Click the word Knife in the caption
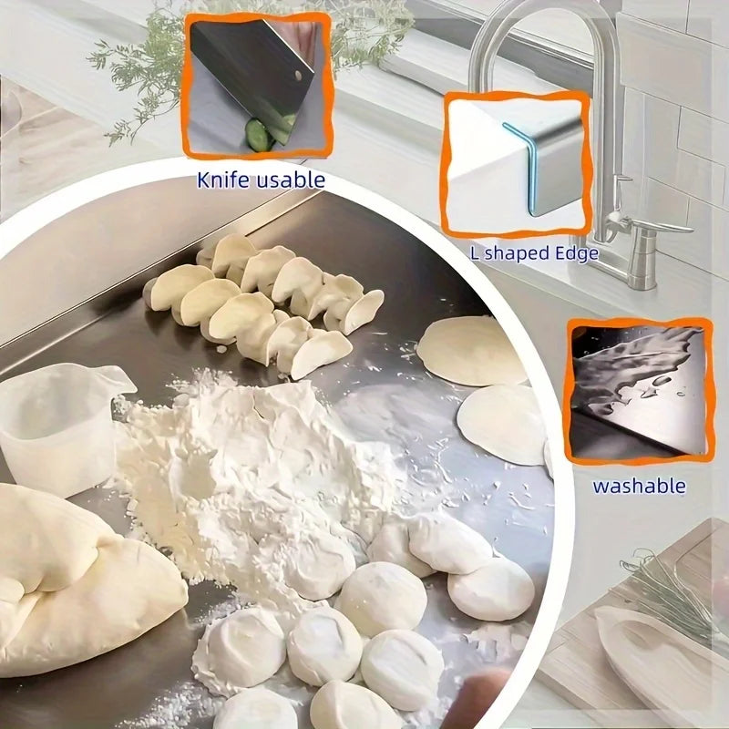(222, 180)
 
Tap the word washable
(639, 485)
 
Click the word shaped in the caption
(515, 253)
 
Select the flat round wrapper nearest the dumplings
(469, 351)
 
